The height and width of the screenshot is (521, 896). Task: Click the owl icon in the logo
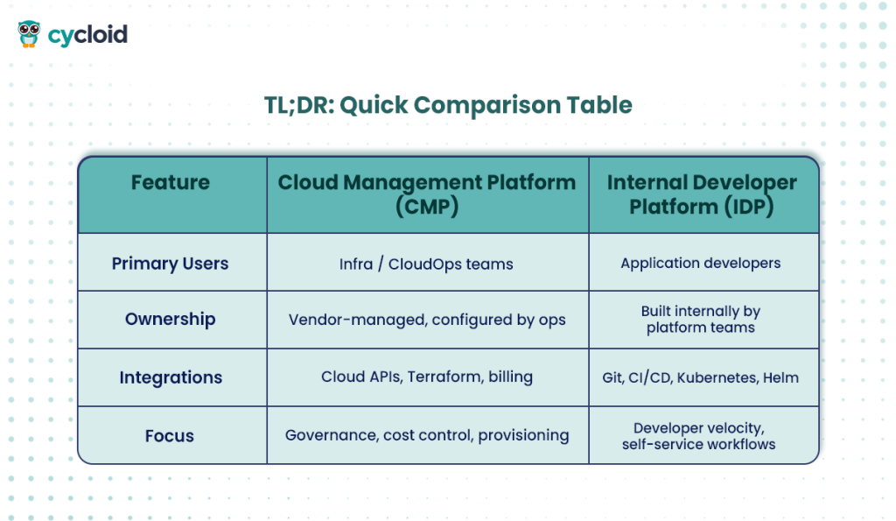(x=29, y=34)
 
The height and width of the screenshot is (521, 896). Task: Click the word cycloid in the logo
(x=87, y=35)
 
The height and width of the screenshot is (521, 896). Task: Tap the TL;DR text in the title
(x=298, y=105)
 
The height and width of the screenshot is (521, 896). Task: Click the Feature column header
(x=171, y=183)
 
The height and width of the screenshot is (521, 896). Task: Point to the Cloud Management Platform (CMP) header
(x=427, y=194)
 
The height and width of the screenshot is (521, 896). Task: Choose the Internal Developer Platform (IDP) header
(x=702, y=194)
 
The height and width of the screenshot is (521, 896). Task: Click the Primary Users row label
(x=171, y=264)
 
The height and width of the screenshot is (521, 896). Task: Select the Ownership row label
(x=171, y=320)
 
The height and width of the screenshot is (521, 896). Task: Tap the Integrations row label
(x=171, y=378)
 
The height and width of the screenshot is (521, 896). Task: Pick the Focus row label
(x=171, y=436)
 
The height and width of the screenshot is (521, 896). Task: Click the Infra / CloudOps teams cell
(x=427, y=263)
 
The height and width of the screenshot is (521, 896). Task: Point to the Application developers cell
(x=701, y=263)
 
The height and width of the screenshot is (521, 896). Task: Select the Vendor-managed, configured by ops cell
(x=427, y=320)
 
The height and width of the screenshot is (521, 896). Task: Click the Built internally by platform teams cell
(x=701, y=320)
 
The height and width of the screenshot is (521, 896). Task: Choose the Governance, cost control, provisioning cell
(x=427, y=435)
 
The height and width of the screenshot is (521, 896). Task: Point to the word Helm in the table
(x=780, y=378)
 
